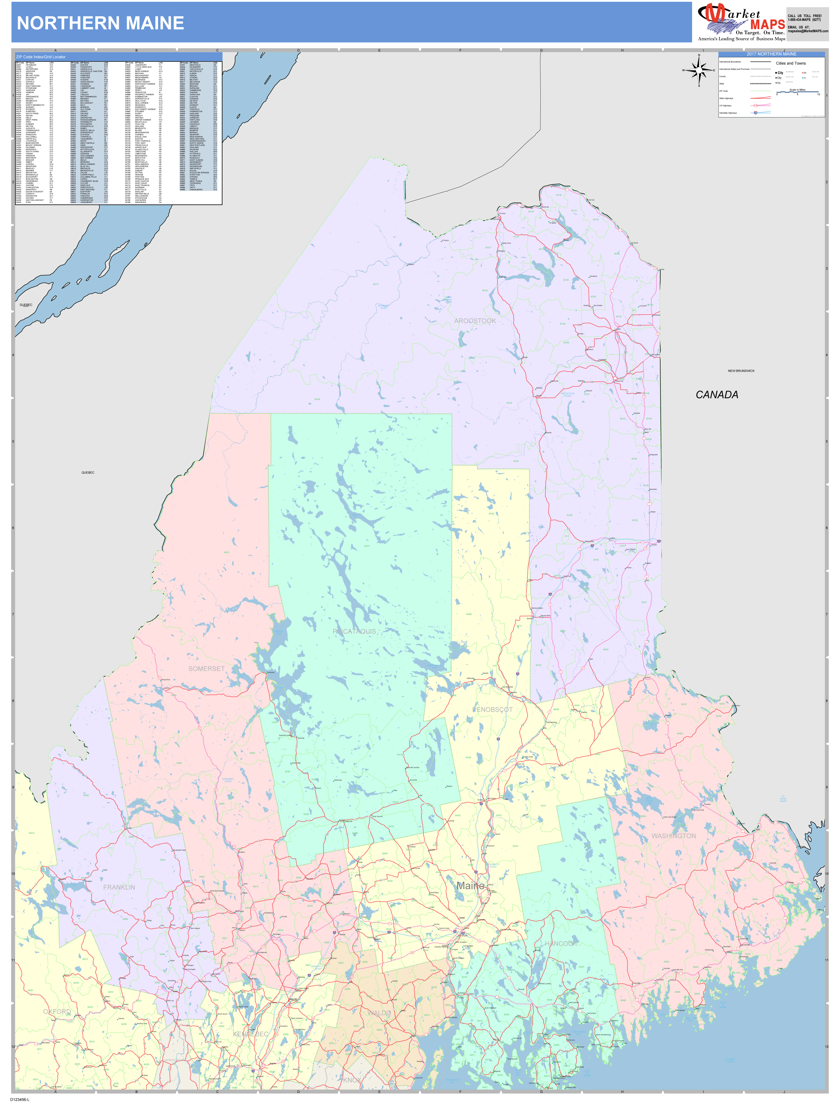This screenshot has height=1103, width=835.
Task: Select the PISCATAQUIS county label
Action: (x=355, y=631)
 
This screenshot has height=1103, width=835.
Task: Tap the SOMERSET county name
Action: (x=206, y=669)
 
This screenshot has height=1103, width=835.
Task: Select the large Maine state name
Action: (x=471, y=886)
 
